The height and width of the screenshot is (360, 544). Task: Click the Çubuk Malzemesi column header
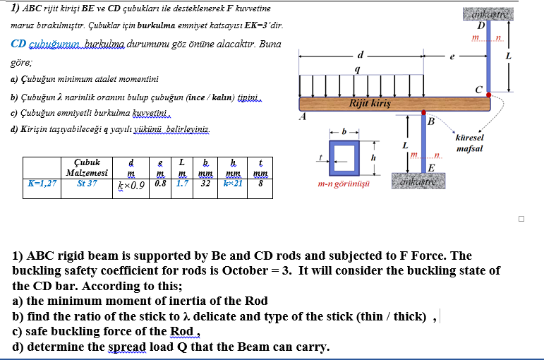(x=87, y=168)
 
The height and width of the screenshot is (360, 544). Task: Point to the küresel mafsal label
(x=470, y=143)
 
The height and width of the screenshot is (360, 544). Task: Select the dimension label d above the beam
(x=361, y=53)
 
